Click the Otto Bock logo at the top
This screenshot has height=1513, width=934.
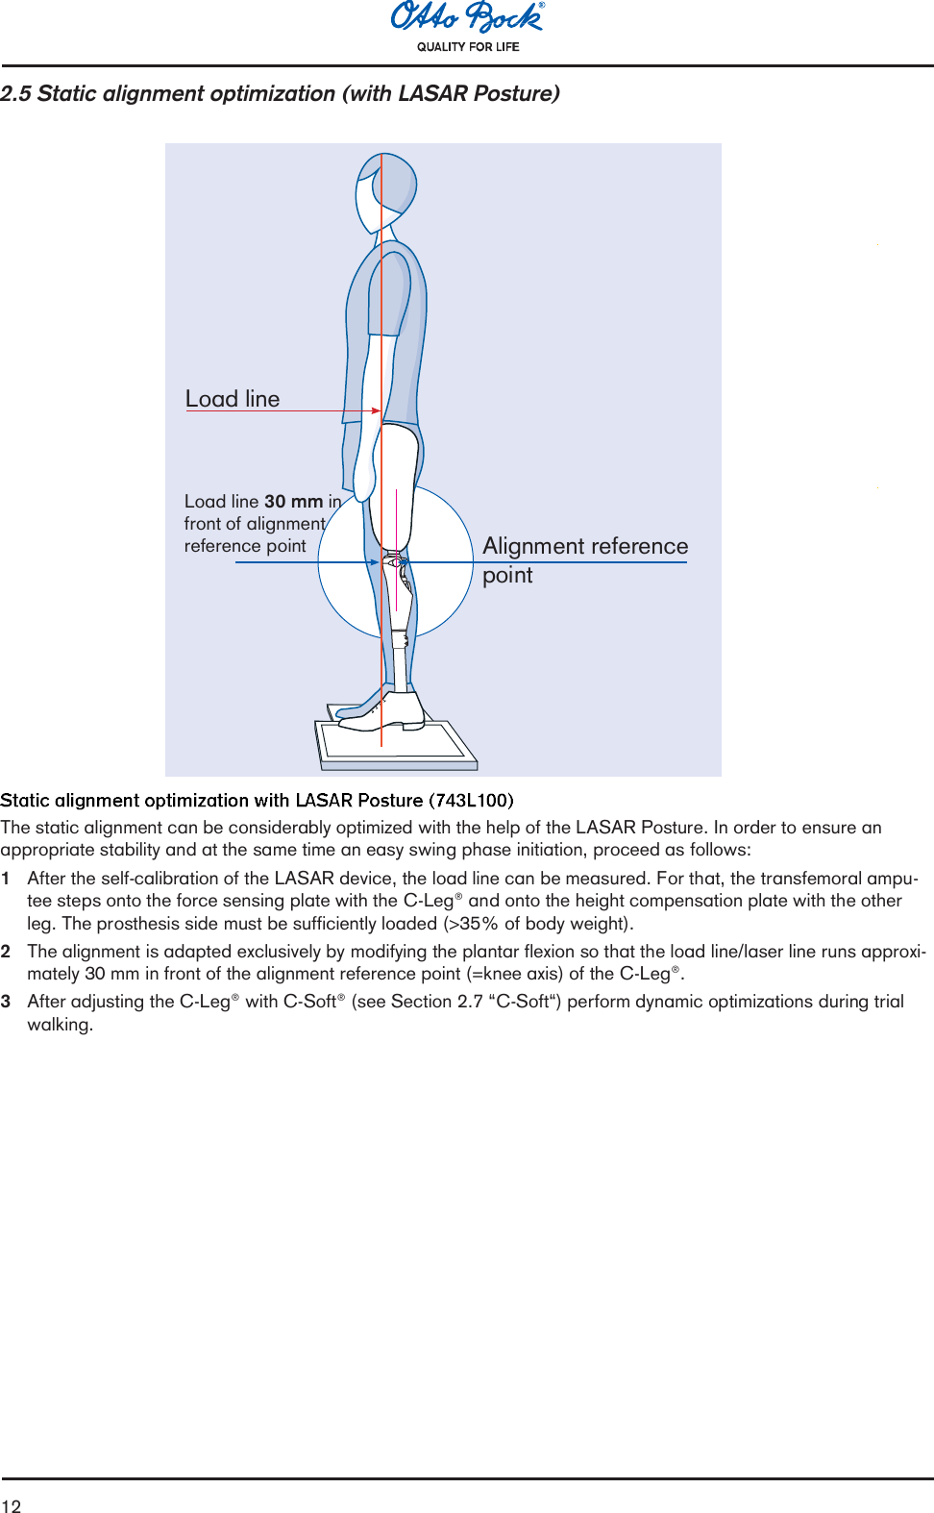pyautogui.click(x=467, y=17)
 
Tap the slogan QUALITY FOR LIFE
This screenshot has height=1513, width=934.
pyautogui.click(x=468, y=47)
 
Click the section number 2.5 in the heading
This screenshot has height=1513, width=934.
pyautogui.click(x=15, y=94)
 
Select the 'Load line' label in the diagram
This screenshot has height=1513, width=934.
pyautogui.click(x=233, y=399)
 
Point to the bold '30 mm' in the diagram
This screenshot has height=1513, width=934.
pyautogui.click(x=293, y=502)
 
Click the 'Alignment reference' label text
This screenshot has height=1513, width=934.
pyautogui.click(x=585, y=546)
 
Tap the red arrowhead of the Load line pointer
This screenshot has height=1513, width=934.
pyautogui.click(x=376, y=411)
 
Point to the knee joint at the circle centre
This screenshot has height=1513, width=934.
pyautogui.click(x=395, y=562)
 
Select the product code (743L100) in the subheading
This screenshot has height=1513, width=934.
pyautogui.click(x=471, y=801)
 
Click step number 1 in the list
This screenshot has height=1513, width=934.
pyautogui.click(x=6, y=879)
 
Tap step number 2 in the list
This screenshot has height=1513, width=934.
pyautogui.click(x=6, y=952)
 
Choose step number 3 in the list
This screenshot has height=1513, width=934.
pyautogui.click(x=6, y=1002)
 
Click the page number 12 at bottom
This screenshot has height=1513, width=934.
pyautogui.click(x=11, y=1505)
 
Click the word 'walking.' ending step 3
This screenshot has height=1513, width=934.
pyautogui.click(x=60, y=1025)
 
